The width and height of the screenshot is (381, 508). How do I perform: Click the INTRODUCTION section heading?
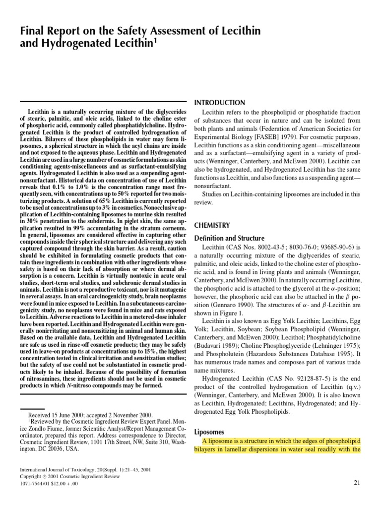coord(219,103)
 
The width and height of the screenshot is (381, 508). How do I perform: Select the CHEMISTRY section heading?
coord(213,225)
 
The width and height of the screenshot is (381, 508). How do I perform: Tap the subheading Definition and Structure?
coord(229,238)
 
